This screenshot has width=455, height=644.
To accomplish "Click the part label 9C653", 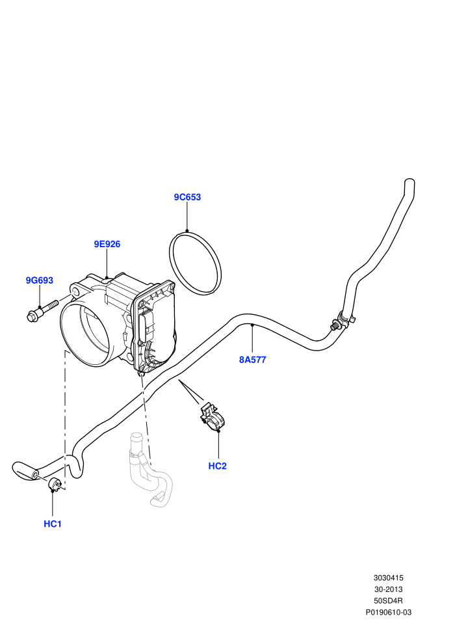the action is click(187, 197).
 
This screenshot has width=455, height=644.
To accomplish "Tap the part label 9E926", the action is click(107, 244).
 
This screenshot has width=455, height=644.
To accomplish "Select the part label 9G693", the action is click(40, 280).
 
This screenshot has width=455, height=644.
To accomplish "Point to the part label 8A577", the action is click(253, 360).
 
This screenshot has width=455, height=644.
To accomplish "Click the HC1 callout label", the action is click(53, 524).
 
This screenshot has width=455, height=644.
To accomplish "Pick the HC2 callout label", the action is click(218, 466).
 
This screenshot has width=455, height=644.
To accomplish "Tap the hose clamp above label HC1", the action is click(55, 485).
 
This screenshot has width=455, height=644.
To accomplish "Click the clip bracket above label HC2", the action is click(213, 418).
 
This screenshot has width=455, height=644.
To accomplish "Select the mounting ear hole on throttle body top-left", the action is click(75, 291).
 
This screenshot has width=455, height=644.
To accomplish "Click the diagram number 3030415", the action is click(389, 578).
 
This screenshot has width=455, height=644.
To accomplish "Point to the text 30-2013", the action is click(389, 589).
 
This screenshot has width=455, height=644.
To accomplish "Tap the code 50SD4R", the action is click(389, 601).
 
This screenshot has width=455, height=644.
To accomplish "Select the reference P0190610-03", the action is click(389, 612).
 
